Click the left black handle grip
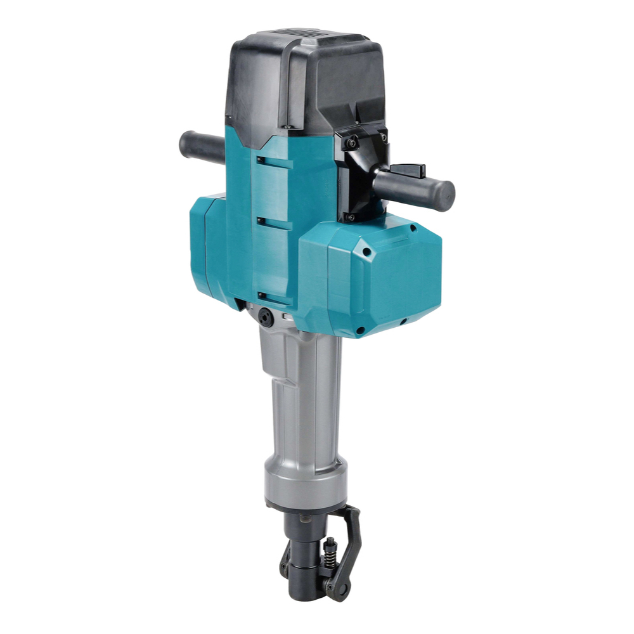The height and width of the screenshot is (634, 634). [200, 147]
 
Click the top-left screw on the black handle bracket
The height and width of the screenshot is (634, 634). [351, 144]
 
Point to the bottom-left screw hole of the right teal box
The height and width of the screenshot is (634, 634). [359, 330]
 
